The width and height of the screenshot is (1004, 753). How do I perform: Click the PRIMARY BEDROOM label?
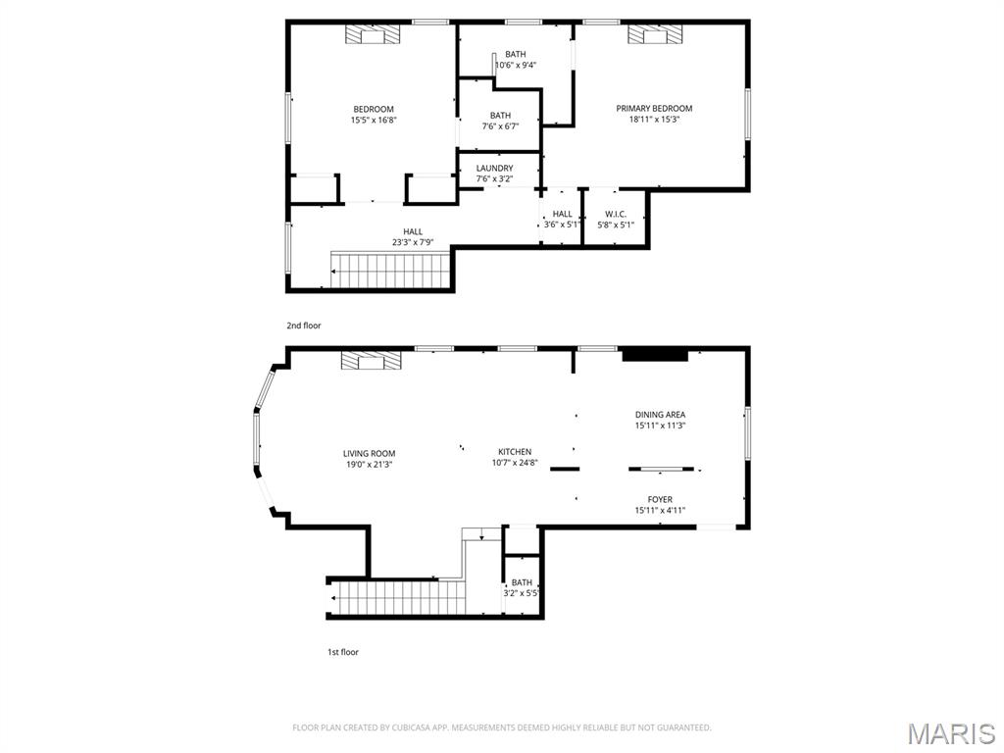[x=654, y=109]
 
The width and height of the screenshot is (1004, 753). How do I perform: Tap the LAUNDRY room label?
[x=494, y=169]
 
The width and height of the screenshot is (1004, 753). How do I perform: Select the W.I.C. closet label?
[x=615, y=214]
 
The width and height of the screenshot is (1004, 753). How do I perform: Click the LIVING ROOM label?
[x=370, y=454]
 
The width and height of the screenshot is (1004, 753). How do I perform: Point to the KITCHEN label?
[x=513, y=452]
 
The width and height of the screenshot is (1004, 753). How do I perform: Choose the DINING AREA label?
[x=660, y=415]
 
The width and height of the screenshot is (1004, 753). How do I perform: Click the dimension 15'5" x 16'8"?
[x=374, y=121]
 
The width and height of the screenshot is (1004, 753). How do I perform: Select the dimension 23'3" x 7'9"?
[x=413, y=242]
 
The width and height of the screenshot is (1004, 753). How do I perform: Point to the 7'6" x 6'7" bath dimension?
[x=500, y=126]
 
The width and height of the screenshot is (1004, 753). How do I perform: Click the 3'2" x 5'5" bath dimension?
[x=522, y=593]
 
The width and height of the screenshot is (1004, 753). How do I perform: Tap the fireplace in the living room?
[x=371, y=361]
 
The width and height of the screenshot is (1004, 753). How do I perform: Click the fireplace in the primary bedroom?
[x=654, y=35]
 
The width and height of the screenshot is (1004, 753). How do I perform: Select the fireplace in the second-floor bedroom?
[x=374, y=35]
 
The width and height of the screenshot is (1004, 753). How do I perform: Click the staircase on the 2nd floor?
[x=390, y=270]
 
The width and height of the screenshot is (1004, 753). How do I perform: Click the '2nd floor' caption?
[x=303, y=326]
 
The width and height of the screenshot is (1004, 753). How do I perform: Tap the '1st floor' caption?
[x=343, y=652]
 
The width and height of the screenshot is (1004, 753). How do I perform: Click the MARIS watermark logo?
[x=950, y=733]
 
